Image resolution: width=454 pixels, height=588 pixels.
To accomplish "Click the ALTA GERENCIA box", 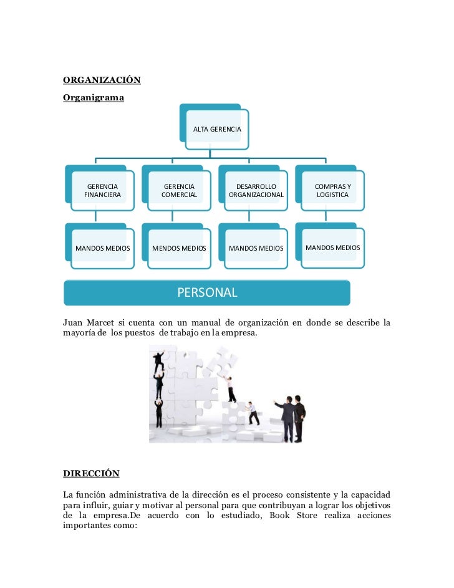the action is tap(217, 129).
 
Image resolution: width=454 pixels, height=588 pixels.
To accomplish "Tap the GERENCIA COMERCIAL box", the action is tap(179, 190).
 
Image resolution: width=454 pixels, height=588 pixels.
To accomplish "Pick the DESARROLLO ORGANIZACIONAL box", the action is tap(256, 190).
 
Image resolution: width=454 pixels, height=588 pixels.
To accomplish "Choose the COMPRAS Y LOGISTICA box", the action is tap(332, 190).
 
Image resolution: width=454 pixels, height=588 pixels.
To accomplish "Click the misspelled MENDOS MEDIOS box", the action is tap(179, 248).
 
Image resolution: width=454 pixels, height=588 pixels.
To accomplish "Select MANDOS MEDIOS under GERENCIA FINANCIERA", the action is tap(102, 248).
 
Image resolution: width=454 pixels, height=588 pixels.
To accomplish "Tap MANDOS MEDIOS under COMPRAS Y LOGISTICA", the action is tap(332, 248).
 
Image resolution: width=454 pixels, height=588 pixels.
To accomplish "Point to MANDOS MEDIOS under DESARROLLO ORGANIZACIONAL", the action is tap(256, 248).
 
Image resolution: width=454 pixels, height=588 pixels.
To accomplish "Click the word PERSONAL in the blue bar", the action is tap(207, 292).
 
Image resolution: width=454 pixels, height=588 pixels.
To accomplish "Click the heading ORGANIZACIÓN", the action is tap(102, 80).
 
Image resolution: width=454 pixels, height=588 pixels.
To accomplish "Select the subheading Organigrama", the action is tap(94, 98).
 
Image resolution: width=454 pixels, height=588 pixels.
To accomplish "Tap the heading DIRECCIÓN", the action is tap(91, 473).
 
